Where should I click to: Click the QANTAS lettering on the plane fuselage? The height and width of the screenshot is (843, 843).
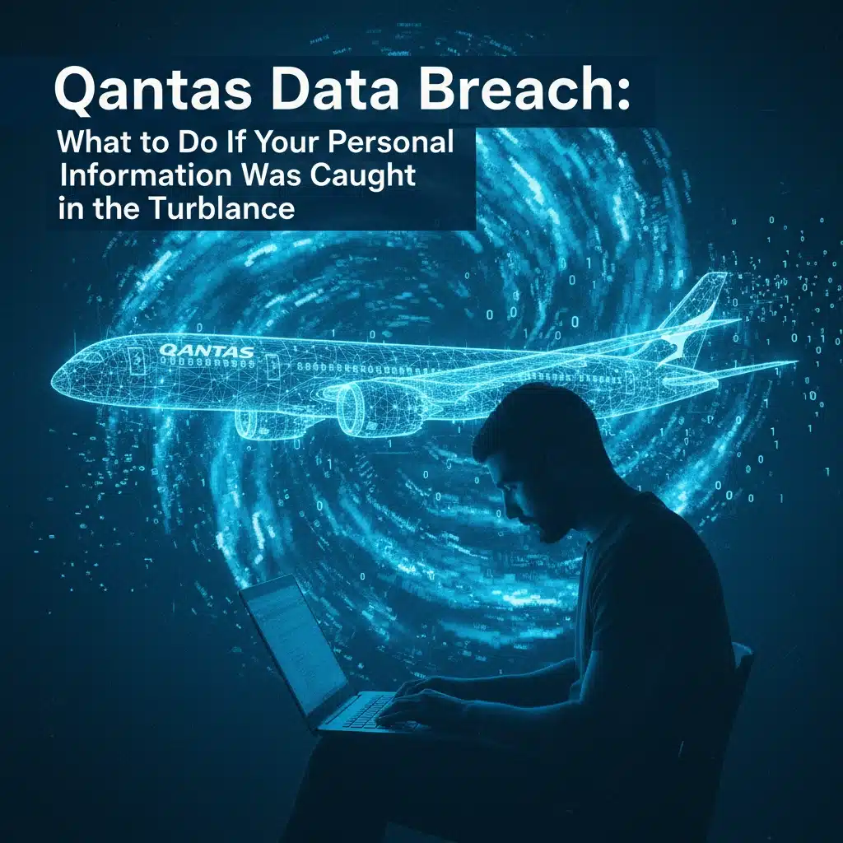pyautogui.click(x=207, y=351)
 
